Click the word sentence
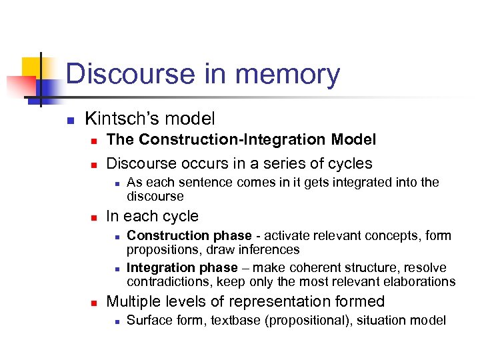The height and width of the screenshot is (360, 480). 191,183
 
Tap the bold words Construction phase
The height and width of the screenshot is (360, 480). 189,235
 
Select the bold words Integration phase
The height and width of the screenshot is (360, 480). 182,267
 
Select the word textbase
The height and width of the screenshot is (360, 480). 236,321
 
